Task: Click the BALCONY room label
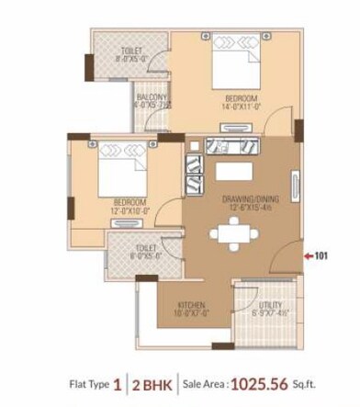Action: click(x=152, y=96)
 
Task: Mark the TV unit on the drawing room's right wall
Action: click(x=293, y=184)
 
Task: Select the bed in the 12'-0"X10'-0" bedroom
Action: click(x=120, y=166)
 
